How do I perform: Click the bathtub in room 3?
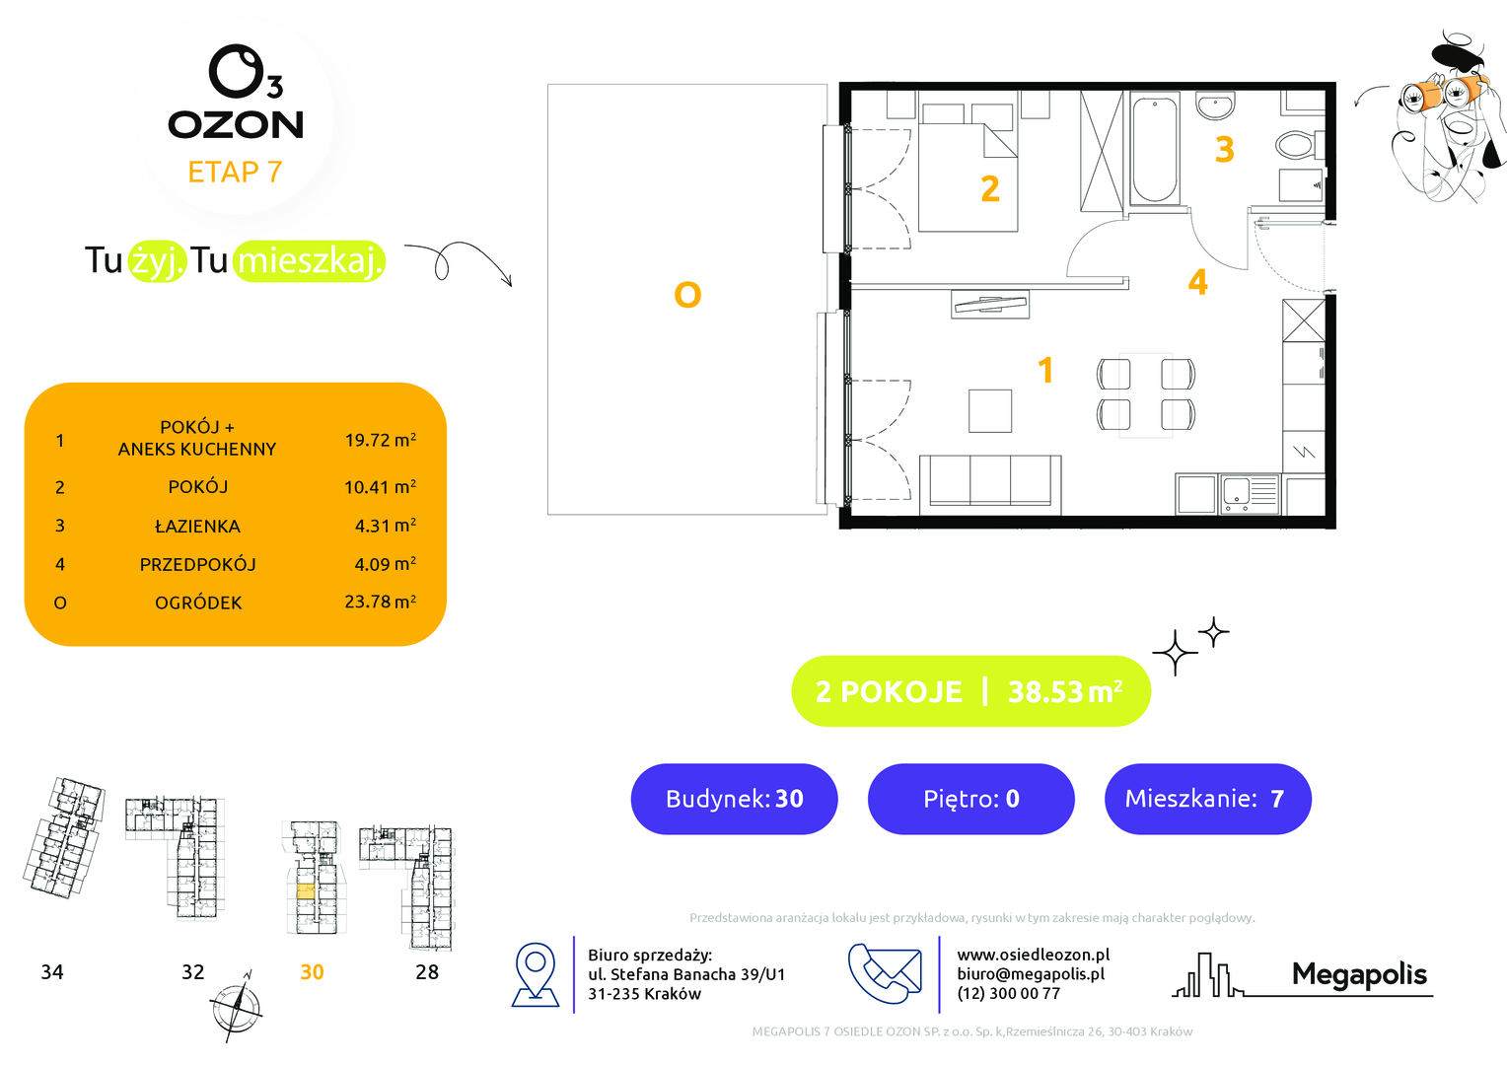click(x=1154, y=149)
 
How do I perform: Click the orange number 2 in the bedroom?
click(x=989, y=189)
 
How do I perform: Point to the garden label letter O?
click(x=686, y=295)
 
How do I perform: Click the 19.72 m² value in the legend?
click(x=380, y=440)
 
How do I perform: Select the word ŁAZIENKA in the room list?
click(x=197, y=527)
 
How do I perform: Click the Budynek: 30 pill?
click(x=734, y=799)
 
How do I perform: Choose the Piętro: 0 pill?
click(x=970, y=799)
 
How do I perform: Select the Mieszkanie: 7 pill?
click(x=1207, y=799)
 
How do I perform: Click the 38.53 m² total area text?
click(x=1065, y=691)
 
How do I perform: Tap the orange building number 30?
click(x=312, y=971)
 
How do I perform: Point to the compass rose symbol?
click(x=236, y=1007)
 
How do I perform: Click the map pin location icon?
click(x=536, y=975)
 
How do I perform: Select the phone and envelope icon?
click(x=885, y=973)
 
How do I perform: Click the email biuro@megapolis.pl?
click(x=1031, y=974)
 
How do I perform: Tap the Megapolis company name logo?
click(x=1359, y=975)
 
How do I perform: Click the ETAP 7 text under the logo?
click(x=235, y=173)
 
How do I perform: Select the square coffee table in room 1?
click(x=989, y=410)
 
